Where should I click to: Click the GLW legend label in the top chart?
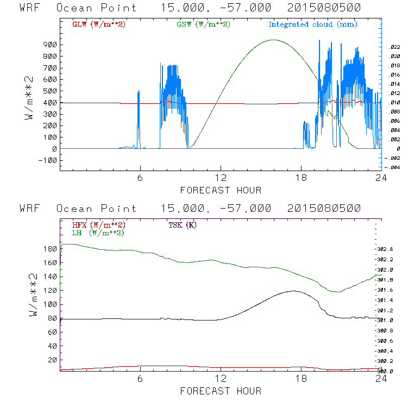coord(99,24)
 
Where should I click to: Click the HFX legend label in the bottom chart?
coord(99,225)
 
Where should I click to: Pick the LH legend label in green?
coord(97,233)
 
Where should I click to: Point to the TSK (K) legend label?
coord(183,225)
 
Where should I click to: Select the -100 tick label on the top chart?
coord(47,160)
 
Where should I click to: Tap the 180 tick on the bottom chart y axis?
coord(50,249)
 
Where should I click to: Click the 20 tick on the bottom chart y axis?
coord(52,360)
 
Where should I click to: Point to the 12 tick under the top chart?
coord(221,178)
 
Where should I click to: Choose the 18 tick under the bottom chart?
coord(301,379)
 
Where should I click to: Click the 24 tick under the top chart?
coord(381,178)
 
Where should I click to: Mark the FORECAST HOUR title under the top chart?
coord(221,190)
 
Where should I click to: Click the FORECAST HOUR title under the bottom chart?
coord(221,391)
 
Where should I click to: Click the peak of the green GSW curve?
coord(273,40)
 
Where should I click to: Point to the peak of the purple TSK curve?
coord(294,291)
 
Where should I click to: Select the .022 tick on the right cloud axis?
coord(394,48)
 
